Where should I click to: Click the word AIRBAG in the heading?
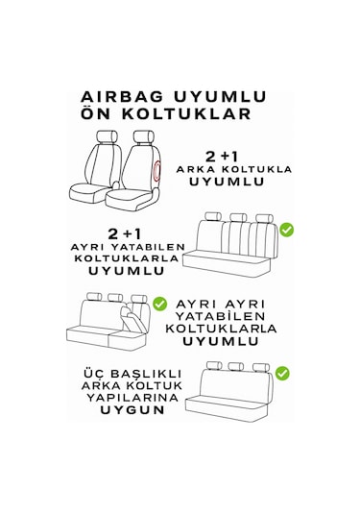click(122, 97)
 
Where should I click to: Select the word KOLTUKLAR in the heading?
click(186, 113)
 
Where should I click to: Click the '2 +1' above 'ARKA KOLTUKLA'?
click(222, 157)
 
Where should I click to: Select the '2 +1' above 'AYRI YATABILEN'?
click(125, 234)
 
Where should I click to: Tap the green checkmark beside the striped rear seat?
click(287, 230)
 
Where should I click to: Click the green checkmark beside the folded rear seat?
click(159, 304)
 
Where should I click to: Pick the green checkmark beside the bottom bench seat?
click(282, 374)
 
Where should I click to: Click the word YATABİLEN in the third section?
click(220, 316)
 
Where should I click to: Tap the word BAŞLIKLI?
click(146, 374)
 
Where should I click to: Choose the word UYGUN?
click(132, 409)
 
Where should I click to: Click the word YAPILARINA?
click(132, 398)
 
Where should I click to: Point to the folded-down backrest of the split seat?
click(132, 321)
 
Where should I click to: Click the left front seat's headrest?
click(107, 136)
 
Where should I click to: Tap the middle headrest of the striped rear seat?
click(238, 218)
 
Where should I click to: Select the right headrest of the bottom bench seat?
click(261, 367)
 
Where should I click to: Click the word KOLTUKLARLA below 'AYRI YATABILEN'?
click(127, 258)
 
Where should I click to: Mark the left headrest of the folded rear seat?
click(94, 297)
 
